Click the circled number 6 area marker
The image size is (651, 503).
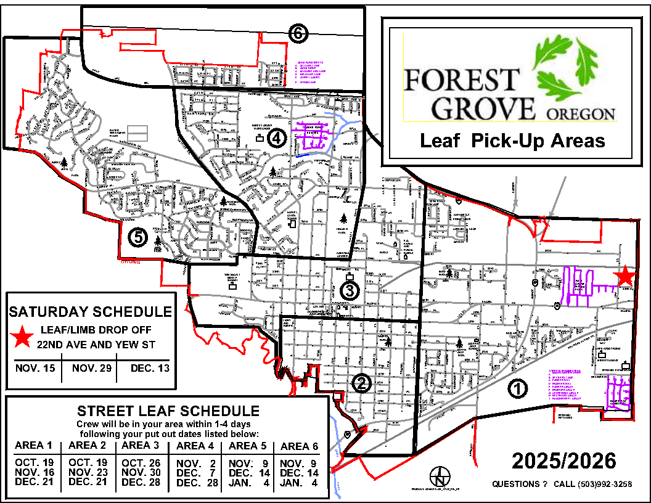298,34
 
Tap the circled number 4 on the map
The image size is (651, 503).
276,140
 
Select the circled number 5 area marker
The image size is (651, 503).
136,237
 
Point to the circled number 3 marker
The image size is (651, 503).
350,290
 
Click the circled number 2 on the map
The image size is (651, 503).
361,383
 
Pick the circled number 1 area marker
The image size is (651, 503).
518,388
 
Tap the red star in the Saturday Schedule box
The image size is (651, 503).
23,336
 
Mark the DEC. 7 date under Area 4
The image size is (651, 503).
195,472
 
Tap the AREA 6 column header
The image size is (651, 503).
299,446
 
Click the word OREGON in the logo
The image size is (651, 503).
580,114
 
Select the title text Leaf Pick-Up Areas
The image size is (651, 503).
512,141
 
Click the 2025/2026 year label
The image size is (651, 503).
563,461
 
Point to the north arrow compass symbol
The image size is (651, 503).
440,476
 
